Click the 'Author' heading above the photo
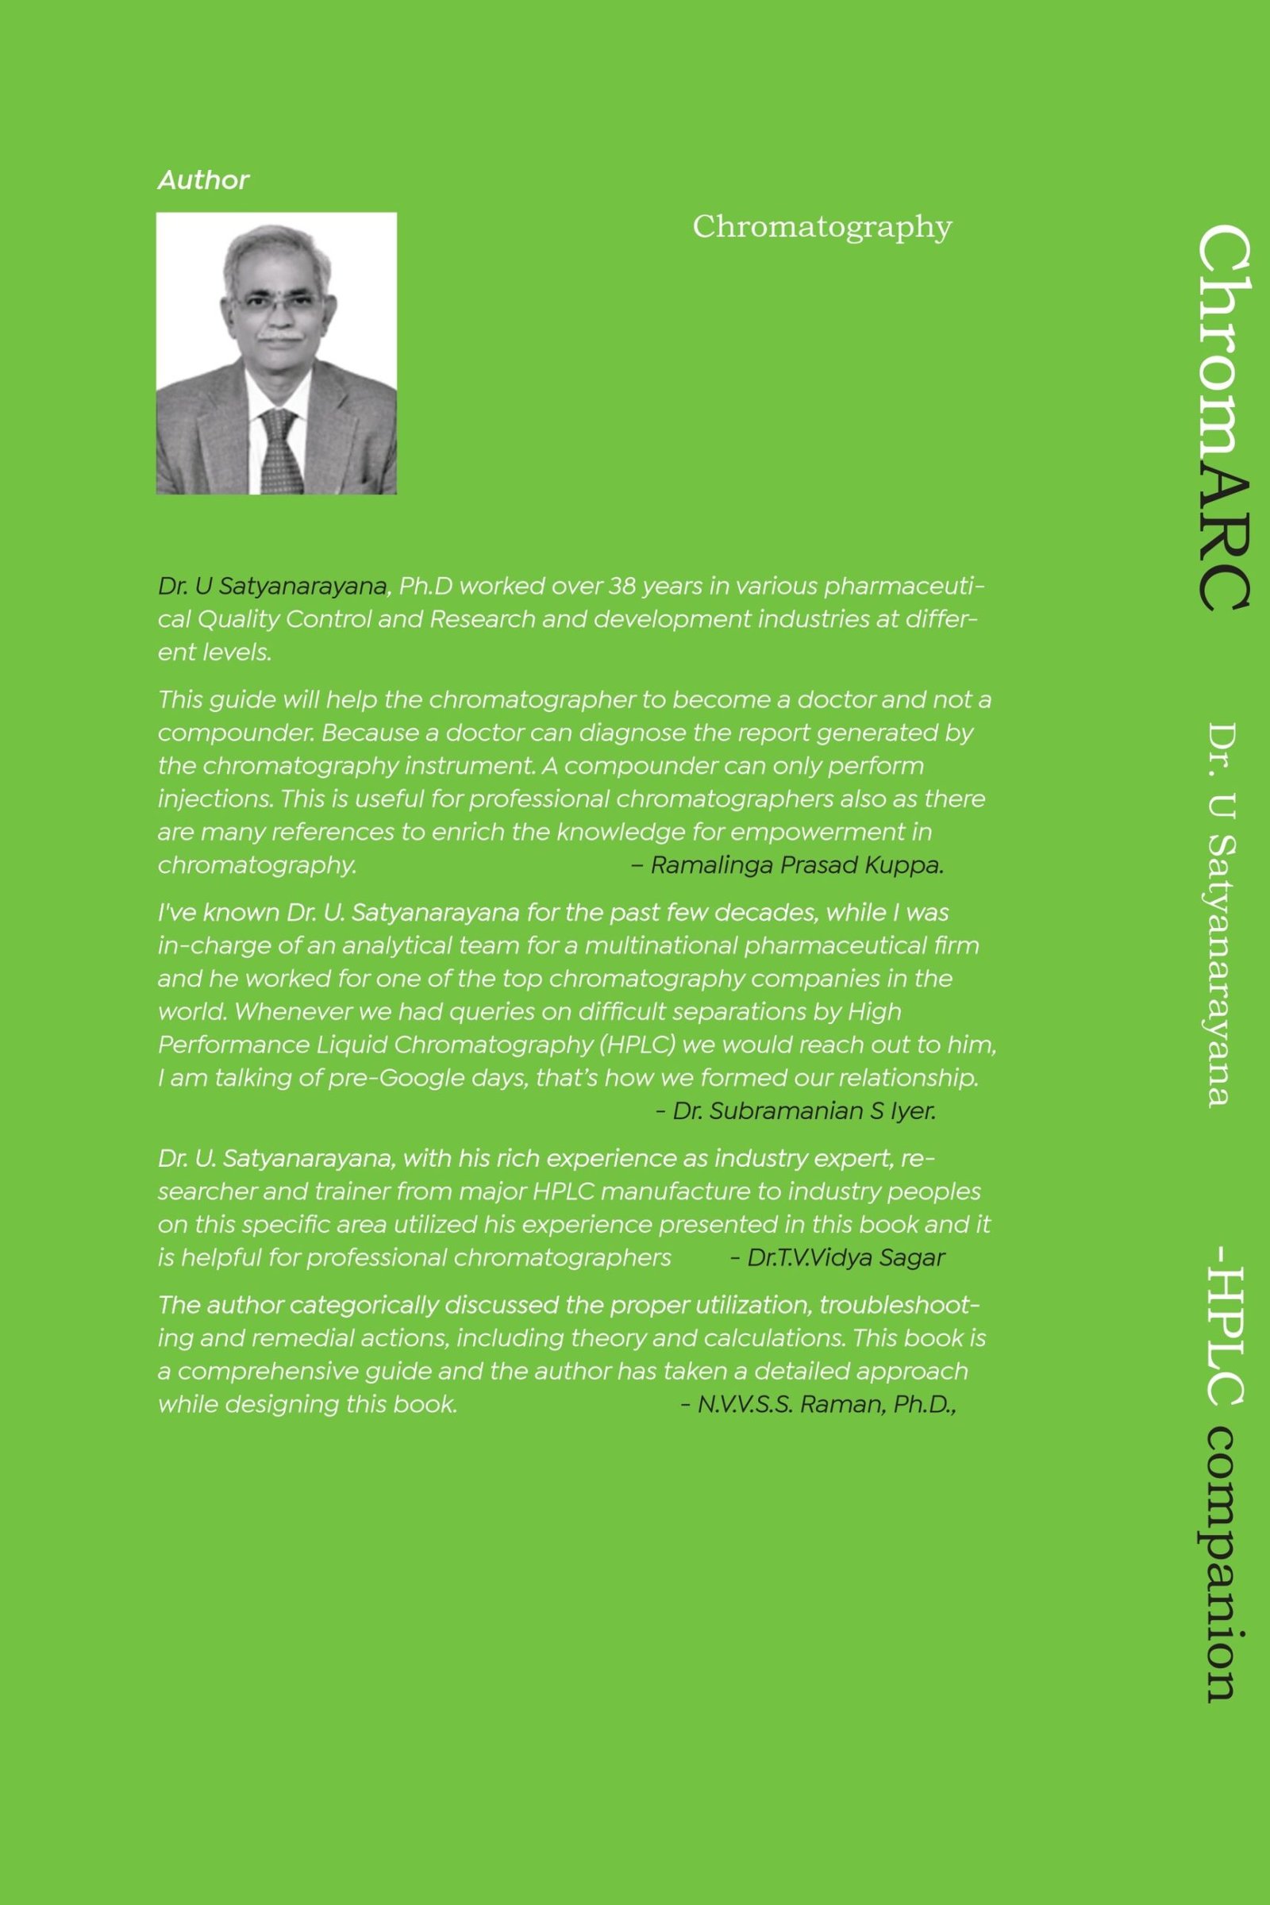tap(203, 180)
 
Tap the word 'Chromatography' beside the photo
tap(822, 228)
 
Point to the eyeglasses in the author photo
tap(275, 302)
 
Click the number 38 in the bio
tap(622, 586)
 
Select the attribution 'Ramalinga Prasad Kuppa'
tap(796, 866)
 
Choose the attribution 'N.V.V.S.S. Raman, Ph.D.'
tap(826, 1404)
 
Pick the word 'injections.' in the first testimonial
tap(215, 799)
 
